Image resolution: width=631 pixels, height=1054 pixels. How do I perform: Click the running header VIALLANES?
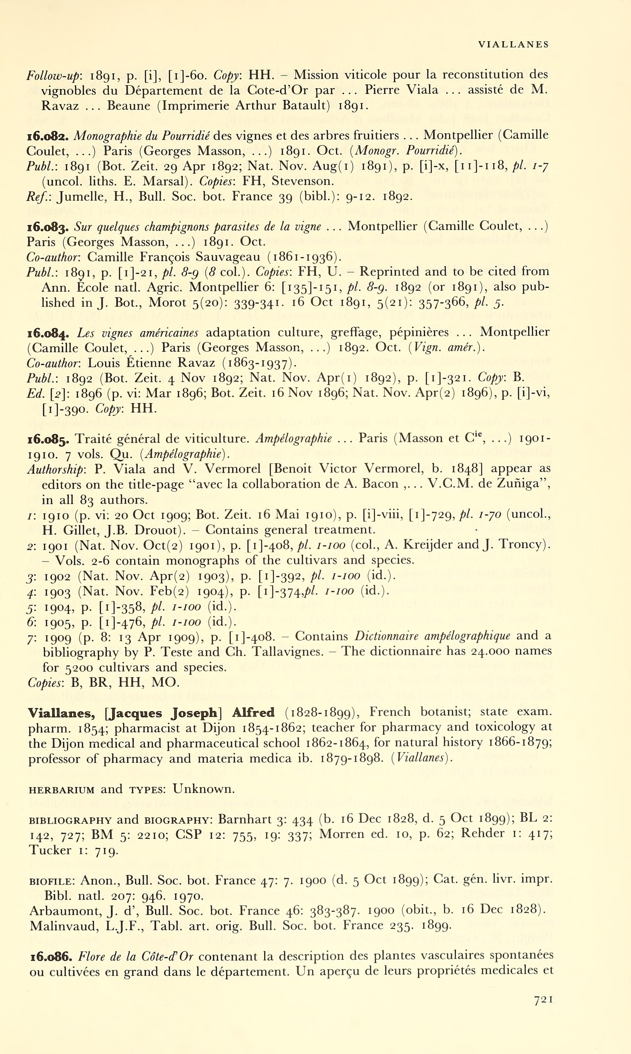[x=513, y=44]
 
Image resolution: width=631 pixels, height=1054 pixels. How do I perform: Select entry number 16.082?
[x=49, y=136]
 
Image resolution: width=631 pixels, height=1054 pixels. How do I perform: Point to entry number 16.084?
[x=49, y=333]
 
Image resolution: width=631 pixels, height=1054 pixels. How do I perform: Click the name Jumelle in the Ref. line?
[x=75, y=197]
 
